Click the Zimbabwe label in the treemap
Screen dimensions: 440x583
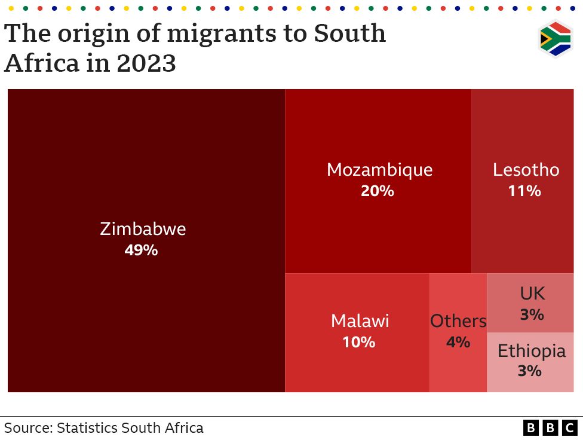143,229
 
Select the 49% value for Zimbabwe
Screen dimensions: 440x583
141,250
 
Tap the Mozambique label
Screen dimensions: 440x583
379,170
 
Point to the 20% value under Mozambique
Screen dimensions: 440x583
378,191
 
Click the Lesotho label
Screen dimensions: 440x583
526,170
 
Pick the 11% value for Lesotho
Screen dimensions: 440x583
524,191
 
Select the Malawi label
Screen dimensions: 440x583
360,321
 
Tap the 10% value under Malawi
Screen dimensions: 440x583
358,343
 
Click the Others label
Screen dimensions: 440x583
458,321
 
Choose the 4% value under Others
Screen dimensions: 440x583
458,343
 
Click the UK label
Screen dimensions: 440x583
532,293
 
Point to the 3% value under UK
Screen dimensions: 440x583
532,314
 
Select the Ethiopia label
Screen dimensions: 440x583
531,350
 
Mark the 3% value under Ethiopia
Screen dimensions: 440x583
529,371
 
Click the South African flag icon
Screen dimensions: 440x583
555,39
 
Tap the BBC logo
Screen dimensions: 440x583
550,428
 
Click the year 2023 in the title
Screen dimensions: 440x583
146,62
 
